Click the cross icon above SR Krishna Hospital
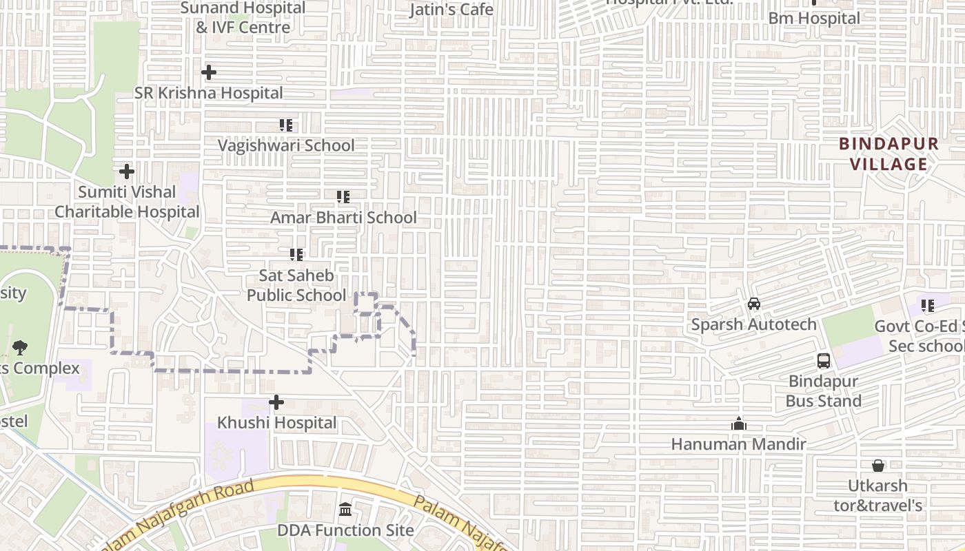209,72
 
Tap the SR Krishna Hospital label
208,93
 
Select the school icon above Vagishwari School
286,125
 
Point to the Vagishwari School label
286,145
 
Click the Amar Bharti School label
343,218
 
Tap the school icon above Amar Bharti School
343,197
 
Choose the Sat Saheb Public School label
296,285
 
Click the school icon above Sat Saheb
296,255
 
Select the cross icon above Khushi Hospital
276,402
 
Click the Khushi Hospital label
277,423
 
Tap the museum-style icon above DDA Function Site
345,510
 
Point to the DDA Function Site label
345,530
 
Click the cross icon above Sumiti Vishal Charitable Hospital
127,171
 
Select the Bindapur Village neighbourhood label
888,154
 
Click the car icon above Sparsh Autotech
754,304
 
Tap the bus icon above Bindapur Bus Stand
824,360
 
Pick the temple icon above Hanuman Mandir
739,424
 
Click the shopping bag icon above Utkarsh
878,466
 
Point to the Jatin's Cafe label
451,10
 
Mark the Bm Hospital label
814,19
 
